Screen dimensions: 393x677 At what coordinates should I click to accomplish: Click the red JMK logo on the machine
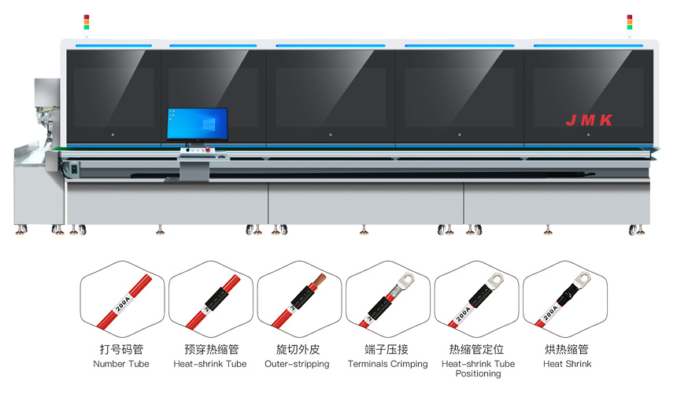pyautogui.click(x=589, y=120)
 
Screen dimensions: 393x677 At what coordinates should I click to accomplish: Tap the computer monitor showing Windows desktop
pyautogui.click(x=197, y=124)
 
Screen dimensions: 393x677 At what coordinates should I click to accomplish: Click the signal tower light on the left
pyautogui.click(x=87, y=21)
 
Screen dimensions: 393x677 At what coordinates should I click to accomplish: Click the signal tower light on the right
pyautogui.click(x=629, y=21)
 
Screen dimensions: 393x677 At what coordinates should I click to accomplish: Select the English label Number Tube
pyautogui.click(x=120, y=364)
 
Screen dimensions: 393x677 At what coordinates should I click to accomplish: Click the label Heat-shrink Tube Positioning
pyautogui.click(x=478, y=369)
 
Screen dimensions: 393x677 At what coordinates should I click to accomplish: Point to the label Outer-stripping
pyautogui.click(x=297, y=364)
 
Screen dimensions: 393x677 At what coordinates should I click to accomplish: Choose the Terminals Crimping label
pyautogui.click(x=387, y=364)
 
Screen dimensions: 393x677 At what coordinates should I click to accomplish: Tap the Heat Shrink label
pyautogui.click(x=567, y=364)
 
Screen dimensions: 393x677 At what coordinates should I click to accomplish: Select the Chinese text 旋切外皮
pyautogui.click(x=298, y=349)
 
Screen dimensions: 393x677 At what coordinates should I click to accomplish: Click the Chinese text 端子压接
pyautogui.click(x=387, y=349)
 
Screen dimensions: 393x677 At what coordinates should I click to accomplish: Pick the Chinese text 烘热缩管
pyautogui.click(x=567, y=349)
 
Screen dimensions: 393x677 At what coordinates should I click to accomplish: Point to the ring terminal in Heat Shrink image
pyautogui.click(x=583, y=277)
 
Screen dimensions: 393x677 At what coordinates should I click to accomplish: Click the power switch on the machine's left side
pyautogui.click(x=75, y=167)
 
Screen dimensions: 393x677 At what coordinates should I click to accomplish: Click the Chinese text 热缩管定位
pyautogui.click(x=477, y=349)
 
